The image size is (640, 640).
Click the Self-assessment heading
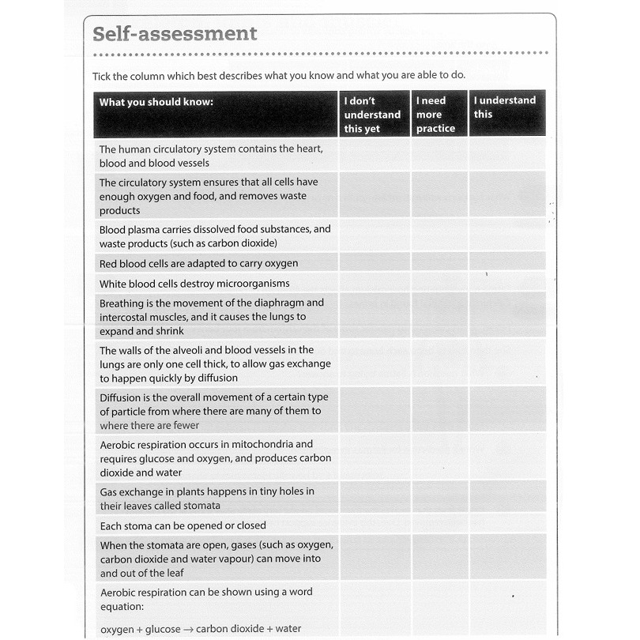[x=175, y=34]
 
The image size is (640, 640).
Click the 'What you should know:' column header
[x=156, y=102]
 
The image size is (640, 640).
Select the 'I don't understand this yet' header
[x=372, y=115]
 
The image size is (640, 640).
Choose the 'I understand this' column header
[x=505, y=107]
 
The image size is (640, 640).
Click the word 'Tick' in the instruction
[x=104, y=76]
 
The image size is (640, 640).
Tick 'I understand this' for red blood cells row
[x=506, y=262]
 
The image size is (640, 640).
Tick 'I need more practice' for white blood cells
[x=439, y=283]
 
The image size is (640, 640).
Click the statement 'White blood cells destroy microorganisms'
[x=194, y=284]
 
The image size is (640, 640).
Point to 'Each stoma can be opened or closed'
[x=183, y=525]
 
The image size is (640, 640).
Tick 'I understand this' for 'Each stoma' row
[x=506, y=525]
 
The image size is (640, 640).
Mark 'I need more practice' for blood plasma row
[x=439, y=235]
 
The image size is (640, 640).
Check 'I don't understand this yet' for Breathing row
[x=375, y=316]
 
